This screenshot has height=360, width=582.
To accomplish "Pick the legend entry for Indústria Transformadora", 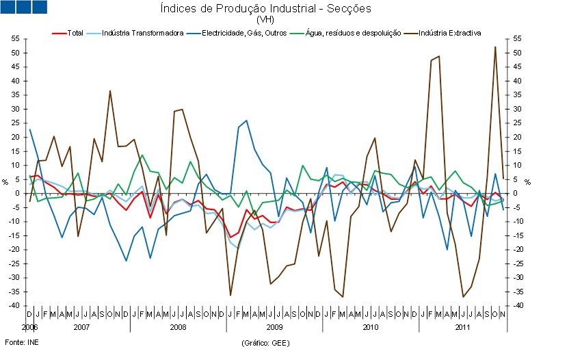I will click(x=142, y=33).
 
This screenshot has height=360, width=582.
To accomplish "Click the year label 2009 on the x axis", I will click(x=274, y=327).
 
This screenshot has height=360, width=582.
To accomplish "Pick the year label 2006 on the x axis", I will click(x=29, y=327).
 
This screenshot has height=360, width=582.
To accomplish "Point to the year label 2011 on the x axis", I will click(x=464, y=327).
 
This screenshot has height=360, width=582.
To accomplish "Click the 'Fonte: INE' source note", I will click(x=22, y=341).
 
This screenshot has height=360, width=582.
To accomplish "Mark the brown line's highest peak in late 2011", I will click(x=495, y=47).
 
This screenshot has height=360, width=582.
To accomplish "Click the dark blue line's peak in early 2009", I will click(x=246, y=120).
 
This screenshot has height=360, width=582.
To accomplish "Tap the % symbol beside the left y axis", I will click(x=5, y=181).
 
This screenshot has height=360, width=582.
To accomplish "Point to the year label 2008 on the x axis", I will click(x=178, y=327).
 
